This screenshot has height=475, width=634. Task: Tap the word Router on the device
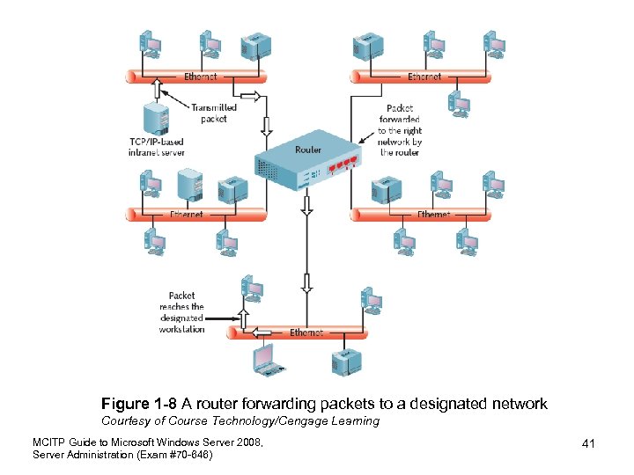[x=308, y=150]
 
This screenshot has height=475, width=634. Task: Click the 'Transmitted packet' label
[x=213, y=113]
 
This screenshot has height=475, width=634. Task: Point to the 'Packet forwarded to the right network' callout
[x=401, y=130]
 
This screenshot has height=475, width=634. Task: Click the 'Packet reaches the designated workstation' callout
[x=181, y=312]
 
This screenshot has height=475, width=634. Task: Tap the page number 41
[x=588, y=444]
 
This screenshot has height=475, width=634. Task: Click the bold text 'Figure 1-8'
[x=139, y=404]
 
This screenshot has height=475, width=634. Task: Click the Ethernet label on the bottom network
[x=306, y=333]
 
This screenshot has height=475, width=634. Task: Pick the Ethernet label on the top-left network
[x=200, y=77]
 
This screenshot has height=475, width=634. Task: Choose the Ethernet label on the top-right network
[x=424, y=77]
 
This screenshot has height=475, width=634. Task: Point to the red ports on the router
[x=343, y=164]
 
